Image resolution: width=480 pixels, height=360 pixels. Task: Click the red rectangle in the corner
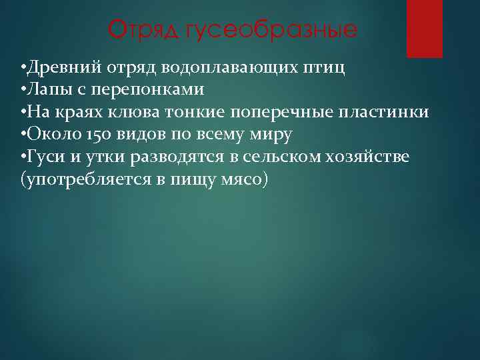[425, 29]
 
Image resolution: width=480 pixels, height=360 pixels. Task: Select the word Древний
[57, 68]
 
